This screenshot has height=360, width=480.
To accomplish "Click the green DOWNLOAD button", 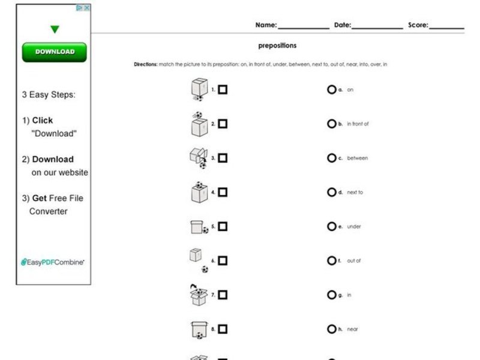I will pyautogui.click(x=54, y=52).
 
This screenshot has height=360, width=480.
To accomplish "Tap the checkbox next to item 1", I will pyautogui.click(x=223, y=90).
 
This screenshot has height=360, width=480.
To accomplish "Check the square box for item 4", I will pyautogui.click(x=223, y=193).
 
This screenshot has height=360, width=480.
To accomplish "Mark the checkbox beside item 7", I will pyautogui.click(x=223, y=295).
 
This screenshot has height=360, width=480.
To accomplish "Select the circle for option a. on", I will pyautogui.click(x=331, y=90).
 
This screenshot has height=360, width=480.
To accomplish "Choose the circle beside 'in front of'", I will pyautogui.click(x=331, y=124).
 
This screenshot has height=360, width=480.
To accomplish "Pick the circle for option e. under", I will pyautogui.click(x=331, y=227).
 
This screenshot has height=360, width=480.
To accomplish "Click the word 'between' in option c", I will pyautogui.click(x=357, y=158).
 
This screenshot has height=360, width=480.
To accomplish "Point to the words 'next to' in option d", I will pyautogui.click(x=355, y=193).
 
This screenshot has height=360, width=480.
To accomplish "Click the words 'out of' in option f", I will pyautogui.click(x=353, y=261).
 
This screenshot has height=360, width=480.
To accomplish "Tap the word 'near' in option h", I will pyautogui.click(x=352, y=329).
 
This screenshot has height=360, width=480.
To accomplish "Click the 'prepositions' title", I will pyautogui.click(x=277, y=46).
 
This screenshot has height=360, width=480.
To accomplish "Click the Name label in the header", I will pyautogui.click(x=266, y=25).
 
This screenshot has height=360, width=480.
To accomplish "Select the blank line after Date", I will pyautogui.click(x=377, y=26).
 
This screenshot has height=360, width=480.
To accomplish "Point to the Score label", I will pyautogui.click(x=418, y=25).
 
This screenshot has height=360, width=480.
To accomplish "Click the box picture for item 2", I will pyautogui.click(x=198, y=124).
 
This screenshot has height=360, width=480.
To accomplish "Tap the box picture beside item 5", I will pyautogui.click(x=198, y=227).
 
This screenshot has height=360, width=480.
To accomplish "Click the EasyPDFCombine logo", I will pyautogui.click(x=53, y=262).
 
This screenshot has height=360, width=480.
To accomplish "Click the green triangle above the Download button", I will pyautogui.click(x=55, y=29).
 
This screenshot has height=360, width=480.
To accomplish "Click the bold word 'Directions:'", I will pyautogui.click(x=145, y=64).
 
